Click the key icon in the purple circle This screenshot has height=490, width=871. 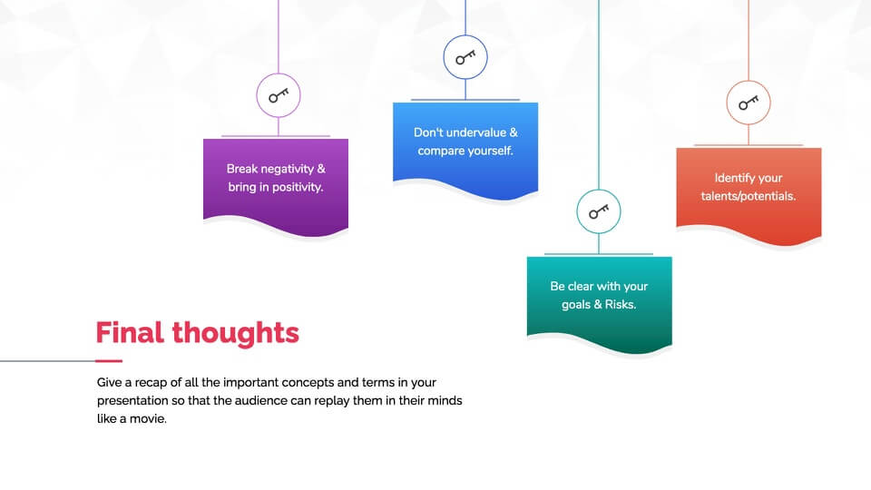point(279,95)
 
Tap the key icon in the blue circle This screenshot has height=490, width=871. point(465,57)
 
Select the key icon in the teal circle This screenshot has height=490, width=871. point(599,211)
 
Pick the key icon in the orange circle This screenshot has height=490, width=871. point(749,103)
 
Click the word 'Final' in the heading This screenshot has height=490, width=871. point(130,333)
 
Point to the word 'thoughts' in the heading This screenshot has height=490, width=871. point(236,333)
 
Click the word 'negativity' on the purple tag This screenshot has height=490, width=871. point(286,169)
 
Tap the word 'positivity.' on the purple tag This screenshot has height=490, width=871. point(298,187)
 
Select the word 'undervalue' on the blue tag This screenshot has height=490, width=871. point(476,132)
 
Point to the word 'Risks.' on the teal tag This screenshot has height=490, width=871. point(621,305)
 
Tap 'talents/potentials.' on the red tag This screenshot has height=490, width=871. point(749,196)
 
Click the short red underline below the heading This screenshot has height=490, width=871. point(109,361)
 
